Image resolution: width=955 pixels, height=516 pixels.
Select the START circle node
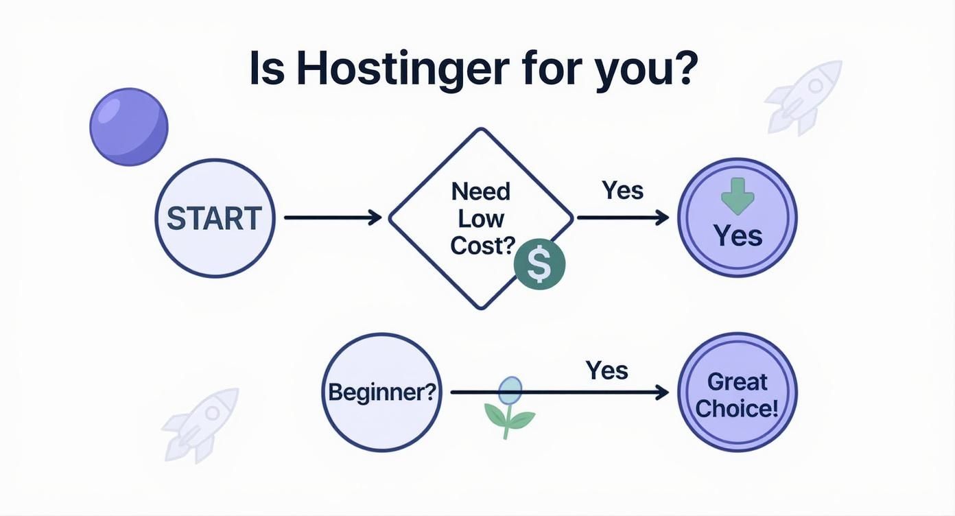click(x=215, y=218)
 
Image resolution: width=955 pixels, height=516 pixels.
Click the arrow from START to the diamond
click(x=333, y=218)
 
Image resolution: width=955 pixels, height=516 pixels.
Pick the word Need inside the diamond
click(x=480, y=192)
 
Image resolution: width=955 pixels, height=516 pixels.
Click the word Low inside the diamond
click(x=480, y=219)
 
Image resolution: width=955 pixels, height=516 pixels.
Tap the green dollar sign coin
click(x=539, y=265)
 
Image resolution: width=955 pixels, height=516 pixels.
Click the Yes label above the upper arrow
click(x=622, y=190)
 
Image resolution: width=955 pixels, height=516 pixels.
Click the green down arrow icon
click(x=738, y=196)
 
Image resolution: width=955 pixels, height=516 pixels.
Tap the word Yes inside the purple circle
click(x=738, y=236)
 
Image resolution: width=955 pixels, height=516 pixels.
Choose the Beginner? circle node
click(x=381, y=392)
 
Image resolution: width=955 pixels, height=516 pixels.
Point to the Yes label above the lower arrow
click(x=606, y=371)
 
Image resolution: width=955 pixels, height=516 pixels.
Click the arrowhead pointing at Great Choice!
click(x=662, y=392)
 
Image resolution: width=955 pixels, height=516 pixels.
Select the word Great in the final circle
click(x=738, y=381)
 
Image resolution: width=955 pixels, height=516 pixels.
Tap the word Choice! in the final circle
click(x=737, y=408)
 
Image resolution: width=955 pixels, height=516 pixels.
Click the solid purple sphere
click(x=129, y=127)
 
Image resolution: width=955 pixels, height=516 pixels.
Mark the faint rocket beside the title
click(x=804, y=96)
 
